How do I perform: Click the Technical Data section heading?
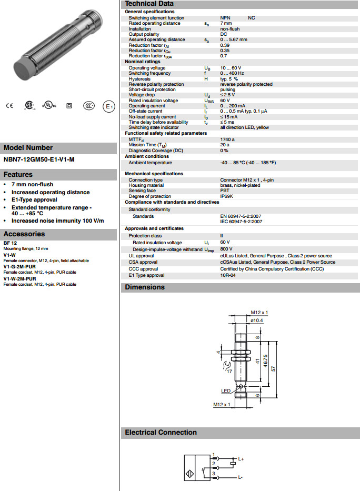point(149,4)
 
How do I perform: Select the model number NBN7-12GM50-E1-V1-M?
point(39,159)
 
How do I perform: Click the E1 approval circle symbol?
point(108,106)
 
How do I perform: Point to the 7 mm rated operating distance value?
point(226,23)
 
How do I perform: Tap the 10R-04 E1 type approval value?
point(228,275)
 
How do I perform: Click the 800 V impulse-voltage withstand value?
point(226,248)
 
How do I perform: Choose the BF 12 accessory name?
point(11,243)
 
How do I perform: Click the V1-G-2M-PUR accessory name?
point(23,266)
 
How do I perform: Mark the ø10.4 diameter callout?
point(257,319)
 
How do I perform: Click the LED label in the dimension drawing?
point(226,390)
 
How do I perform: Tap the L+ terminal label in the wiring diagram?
point(241,459)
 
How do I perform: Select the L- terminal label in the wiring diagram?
point(240,477)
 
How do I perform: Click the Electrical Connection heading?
point(161,433)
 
